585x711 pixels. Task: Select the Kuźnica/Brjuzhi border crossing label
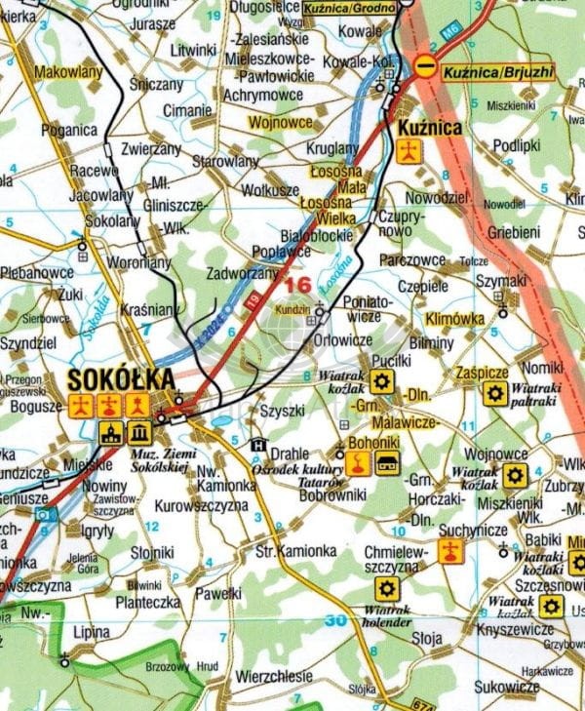[x=497, y=70]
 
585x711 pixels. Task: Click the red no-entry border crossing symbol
[x=425, y=66]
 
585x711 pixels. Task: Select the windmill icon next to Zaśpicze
[x=494, y=393]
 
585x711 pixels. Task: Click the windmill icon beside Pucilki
[x=381, y=382]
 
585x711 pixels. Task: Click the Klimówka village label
[x=453, y=318]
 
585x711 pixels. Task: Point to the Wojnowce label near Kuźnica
[x=281, y=123]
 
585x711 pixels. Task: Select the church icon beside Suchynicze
[x=448, y=552]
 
